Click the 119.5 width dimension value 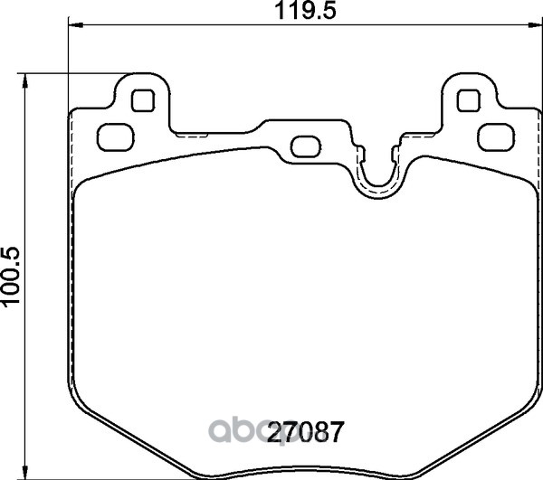click(x=305, y=11)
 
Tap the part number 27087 click(x=306, y=432)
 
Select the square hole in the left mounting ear click(x=143, y=100)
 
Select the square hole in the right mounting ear click(x=469, y=100)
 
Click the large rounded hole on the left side click(x=116, y=136)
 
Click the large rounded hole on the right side click(x=496, y=136)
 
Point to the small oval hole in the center click(x=306, y=146)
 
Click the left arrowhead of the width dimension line click(x=75, y=25)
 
